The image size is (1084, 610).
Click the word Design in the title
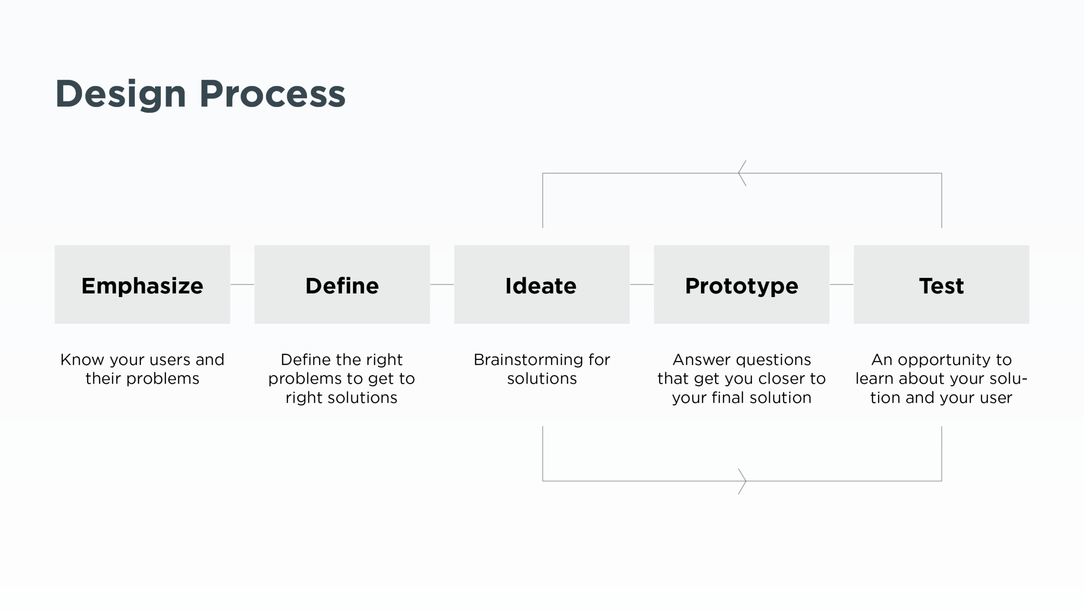[x=121, y=94]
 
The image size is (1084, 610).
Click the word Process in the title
[x=272, y=94]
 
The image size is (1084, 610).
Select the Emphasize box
[x=142, y=284]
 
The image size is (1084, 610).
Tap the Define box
[x=342, y=284]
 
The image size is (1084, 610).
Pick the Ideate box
[x=542, y=284]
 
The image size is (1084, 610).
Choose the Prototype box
[x=741, y=284]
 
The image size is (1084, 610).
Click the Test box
[x=941, y=284]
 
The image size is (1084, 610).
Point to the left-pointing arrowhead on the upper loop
[x=742, y=173]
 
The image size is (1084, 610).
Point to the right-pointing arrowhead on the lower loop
[x=743, y=481]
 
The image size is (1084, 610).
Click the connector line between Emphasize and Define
[x=242, y=284]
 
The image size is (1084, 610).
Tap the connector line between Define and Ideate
[x=442, y=284]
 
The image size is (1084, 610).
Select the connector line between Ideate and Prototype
[x=642, y=284]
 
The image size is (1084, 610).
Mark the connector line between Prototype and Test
[x=842, y=284]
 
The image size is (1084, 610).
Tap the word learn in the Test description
[x=874, y=378]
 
